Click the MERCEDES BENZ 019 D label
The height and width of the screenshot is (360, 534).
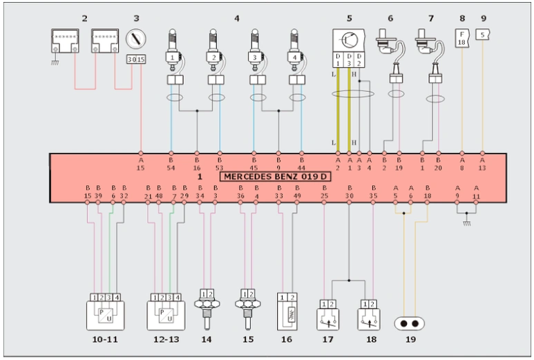click(276, 177)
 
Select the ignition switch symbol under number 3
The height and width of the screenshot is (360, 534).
click(135, 39)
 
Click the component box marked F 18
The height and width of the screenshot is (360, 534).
click(461, 38)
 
